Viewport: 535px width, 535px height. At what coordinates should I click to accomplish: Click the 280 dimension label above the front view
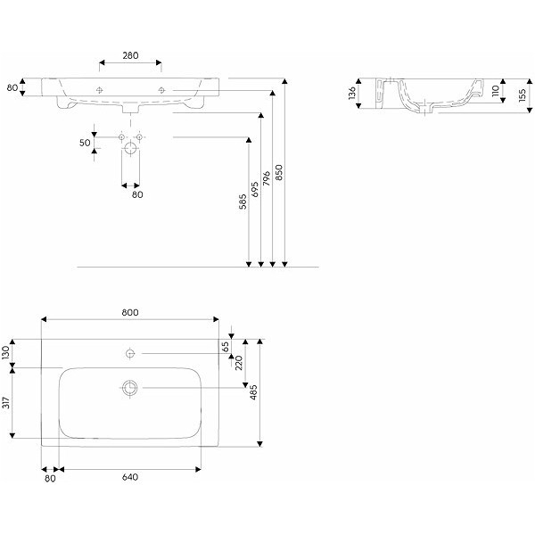[130, 55]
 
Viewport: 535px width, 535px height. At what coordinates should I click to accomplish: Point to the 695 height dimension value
[255, 190]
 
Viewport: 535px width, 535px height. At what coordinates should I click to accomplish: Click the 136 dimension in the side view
[353, 93]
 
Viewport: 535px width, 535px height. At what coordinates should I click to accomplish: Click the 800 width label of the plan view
[130, 313]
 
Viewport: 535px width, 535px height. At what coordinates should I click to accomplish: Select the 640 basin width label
[129, 477]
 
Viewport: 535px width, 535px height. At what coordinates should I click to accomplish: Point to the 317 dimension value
[7, 402]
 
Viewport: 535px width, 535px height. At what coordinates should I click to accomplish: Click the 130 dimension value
[7, 352]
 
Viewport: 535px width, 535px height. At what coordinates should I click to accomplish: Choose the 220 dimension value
[238, 363]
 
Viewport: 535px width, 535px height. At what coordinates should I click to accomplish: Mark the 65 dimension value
[226, 346]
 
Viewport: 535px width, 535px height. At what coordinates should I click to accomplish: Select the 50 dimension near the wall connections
[85, 143]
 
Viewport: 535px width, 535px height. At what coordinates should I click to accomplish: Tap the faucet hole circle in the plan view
[130, 355]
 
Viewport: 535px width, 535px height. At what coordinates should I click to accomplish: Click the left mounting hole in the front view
[100, 90]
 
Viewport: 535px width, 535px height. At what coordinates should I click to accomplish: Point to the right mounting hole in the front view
[161, 90]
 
